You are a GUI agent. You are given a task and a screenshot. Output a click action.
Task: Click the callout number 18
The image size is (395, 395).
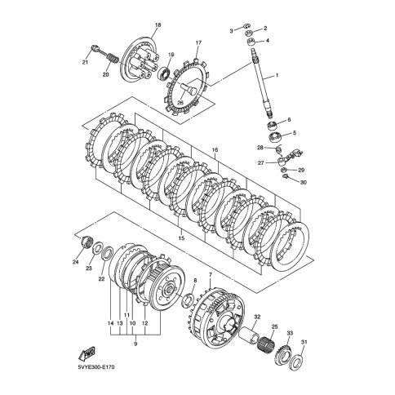pos(158,25)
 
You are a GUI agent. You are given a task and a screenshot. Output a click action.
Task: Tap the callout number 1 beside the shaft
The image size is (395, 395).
pos(277,75)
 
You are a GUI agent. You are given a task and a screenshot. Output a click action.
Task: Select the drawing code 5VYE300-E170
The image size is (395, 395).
pos(96,367)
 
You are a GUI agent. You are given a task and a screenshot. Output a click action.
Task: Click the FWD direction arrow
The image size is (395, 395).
pos(87,353)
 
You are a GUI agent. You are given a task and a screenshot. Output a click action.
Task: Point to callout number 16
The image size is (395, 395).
pos(215,150)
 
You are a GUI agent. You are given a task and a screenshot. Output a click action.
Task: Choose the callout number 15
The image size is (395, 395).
pos(181,238)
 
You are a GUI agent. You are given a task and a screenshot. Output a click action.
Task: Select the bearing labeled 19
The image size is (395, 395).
pos(165,74)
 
